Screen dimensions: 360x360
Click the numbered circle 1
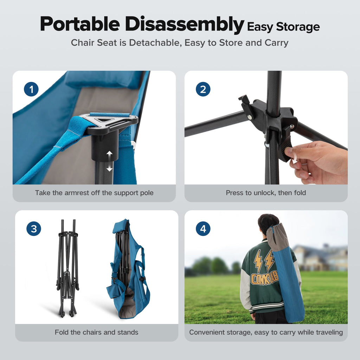(x=31, y=89)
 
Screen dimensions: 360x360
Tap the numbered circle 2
(x=203, y=89)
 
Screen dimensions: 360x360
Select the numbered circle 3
(x=34, y=229)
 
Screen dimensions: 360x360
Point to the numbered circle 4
(x=203, y=229)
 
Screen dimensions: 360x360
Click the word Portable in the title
(x=80, y=24)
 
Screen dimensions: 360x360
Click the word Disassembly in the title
(x=184, y=25)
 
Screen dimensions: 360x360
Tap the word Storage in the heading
(x=298, y=27)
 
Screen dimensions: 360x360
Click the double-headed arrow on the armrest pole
(x=110, y=161)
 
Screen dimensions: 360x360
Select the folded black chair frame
(x=68, y=268)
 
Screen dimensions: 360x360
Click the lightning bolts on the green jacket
(x=264, y=261)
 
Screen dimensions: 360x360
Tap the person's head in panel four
(x=268, y=224)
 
